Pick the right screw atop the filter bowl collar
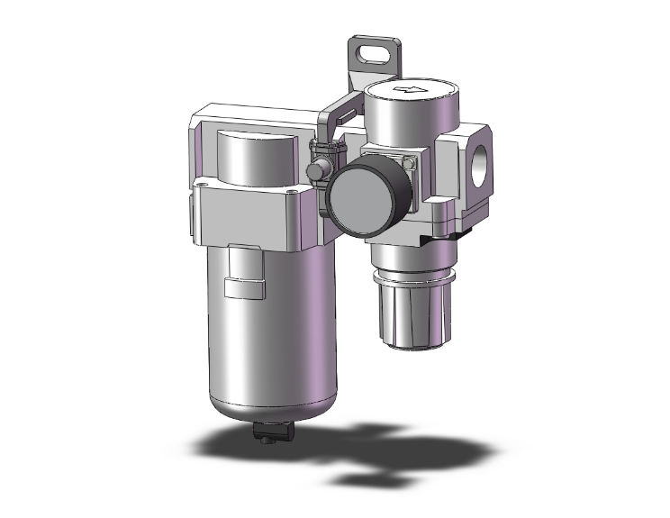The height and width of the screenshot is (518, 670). click(290, 192)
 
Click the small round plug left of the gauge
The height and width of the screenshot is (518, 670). click(318, 170)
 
